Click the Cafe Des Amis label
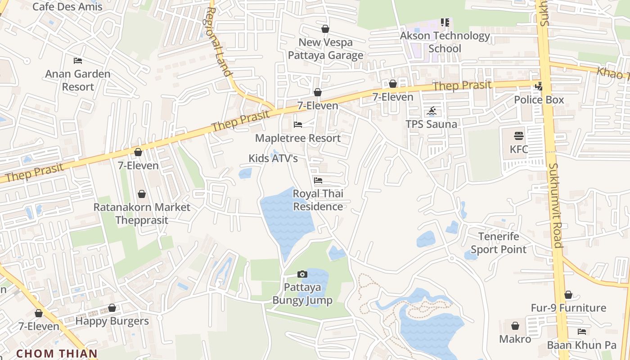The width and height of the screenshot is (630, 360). (67, 7)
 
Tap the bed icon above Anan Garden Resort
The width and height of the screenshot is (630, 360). (78, 61)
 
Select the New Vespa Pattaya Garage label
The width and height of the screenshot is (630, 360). (325, 49)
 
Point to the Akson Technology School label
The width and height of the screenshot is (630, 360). (445, 42)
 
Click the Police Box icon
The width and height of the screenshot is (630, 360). (539, 86)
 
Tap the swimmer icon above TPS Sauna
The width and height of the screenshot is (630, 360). (432, 111)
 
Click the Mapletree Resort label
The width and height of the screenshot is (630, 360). (298, 138)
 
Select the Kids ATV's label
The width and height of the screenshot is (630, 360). (273, 158)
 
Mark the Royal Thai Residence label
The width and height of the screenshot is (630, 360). (318, 200)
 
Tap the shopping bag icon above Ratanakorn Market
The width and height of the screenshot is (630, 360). (142, 194)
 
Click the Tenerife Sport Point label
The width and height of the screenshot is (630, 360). (498, 243)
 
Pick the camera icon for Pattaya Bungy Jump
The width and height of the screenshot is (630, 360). (302, 274)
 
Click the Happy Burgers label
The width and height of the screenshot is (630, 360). (112, 321)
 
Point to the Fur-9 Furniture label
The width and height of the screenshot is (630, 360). (568, 308)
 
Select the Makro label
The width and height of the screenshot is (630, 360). (515, 339)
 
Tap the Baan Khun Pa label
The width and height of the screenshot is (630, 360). (581, 345)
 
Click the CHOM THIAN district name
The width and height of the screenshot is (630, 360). (57, 354)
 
